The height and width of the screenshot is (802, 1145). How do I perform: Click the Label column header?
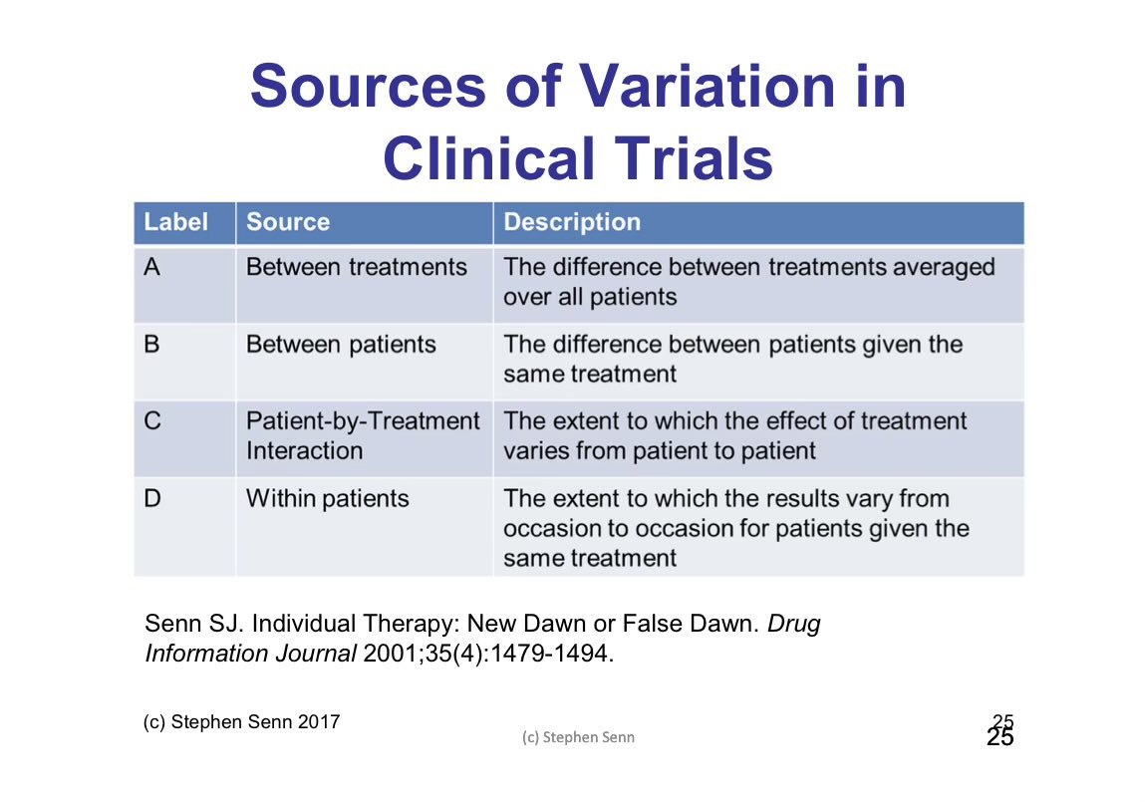176,222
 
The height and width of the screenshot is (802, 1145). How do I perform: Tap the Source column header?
288,222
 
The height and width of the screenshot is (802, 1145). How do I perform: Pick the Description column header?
572,222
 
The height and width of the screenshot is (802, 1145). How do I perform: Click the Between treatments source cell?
357,267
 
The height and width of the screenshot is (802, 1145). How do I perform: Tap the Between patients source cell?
341,345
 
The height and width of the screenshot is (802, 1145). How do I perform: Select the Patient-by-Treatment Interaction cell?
363,435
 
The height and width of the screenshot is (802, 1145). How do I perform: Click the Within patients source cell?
328,498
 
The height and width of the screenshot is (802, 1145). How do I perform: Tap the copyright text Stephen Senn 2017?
254,722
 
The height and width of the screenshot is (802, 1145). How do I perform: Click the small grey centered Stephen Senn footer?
578,738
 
